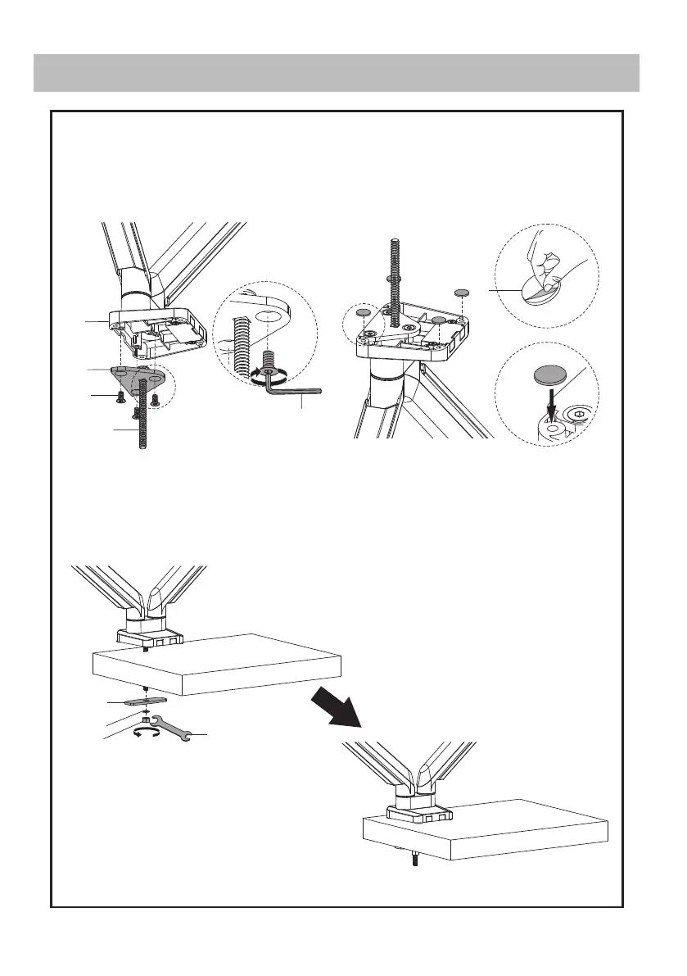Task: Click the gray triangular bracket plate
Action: pyautogui.click(x=140, y=379)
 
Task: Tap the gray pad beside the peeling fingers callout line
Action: pyautogui.click(x=462, y=292)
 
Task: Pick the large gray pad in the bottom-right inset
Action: pyautogui.click(x=549, y=376)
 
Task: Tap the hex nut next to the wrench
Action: pyautogui.click(x=147, y=720)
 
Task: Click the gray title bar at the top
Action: pyautogui.click(x=336, y=73)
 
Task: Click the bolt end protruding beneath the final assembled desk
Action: pyautogui.click(x=415, y=860)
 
